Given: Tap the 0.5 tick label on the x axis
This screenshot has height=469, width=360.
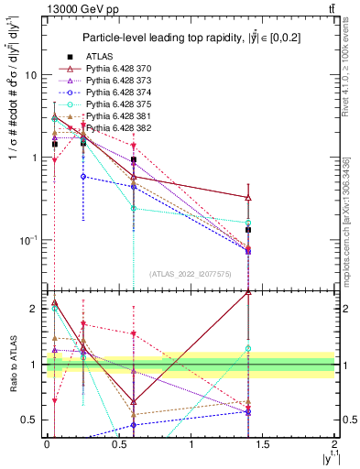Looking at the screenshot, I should click(x=119, y=442).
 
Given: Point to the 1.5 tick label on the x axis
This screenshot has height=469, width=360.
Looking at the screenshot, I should click(x=263, y=442).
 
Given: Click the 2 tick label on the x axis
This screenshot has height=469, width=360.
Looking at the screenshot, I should click(x=334, y=442).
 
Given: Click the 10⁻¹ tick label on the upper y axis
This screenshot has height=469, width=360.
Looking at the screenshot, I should click(x=28, y=240).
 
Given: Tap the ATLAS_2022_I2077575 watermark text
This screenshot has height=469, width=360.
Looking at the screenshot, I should click(x=191, y=273).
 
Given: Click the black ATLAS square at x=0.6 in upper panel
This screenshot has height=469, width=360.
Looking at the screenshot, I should click(x=134, y=159).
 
